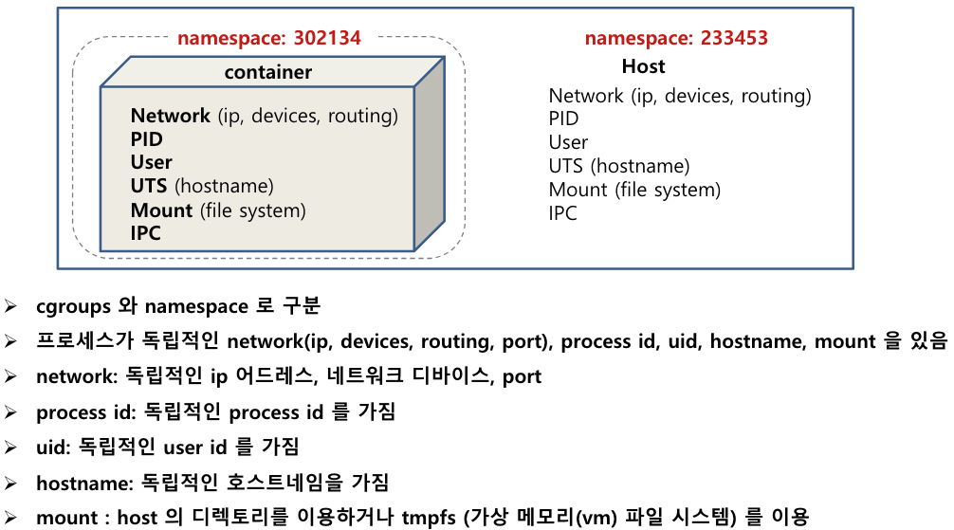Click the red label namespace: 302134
tap(269, 38)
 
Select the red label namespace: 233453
tap(676, 38)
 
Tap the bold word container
tap(268, 72)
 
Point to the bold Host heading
tap(644, 66)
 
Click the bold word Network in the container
tap(171, 116)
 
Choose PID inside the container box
tap(147, 139)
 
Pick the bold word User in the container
tap(152, 162)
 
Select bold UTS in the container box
tap(150, 186)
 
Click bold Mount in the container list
tap(162, 210)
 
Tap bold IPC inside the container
tap(146, 232)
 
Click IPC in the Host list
tap(563, 213)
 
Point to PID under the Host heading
tap(564, 119)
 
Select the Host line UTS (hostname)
tap(619, 166)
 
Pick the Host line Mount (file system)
tap(634, 190)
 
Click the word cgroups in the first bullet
tap(75, 306)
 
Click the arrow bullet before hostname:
tap(10, 483)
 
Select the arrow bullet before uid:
tap(10, 448)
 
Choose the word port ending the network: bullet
tap(523, 376)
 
